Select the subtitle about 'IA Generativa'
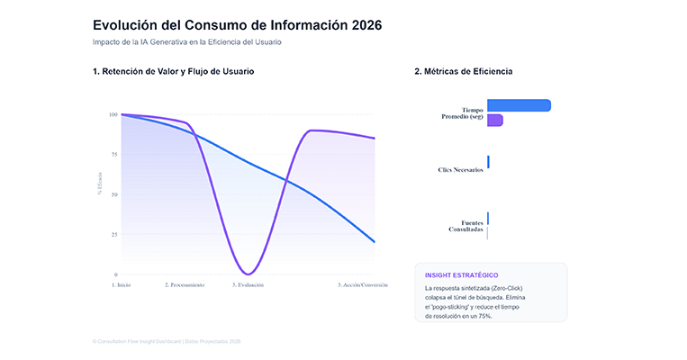(x=193, y=42)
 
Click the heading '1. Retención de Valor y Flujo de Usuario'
(x=173, y=71)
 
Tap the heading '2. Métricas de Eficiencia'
(x=464, y=71)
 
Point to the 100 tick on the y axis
(x=113, y=114)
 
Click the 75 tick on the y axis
(x=113, y=154)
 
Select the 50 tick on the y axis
(x=113, y=194)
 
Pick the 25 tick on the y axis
(x=113, y=234)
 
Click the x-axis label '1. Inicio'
(x=122, y=284)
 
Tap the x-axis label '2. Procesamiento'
(x=185, y=284)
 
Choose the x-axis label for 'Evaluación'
(x=248, y=284)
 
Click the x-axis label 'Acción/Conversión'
(x=363, y=284)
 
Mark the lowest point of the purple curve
(x=249, y=274)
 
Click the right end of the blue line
(x=374, y=241)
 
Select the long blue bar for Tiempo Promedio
(x=519, y=105)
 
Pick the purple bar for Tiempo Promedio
(x=494, y=121)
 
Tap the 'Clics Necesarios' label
(x=461, y=169)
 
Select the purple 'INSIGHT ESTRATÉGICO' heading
(x=461, y=274)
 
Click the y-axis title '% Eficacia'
(x=100, y=183)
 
